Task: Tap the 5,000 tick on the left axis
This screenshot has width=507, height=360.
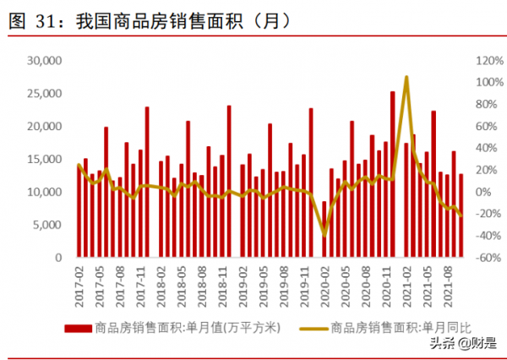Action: pos(44,225)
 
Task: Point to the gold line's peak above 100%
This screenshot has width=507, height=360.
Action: pos(406,78)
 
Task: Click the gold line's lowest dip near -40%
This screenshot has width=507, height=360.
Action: pos(324,234)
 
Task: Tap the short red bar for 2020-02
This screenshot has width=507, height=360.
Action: pos(324,229)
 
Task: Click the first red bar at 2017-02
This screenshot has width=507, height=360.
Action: pos(79,211)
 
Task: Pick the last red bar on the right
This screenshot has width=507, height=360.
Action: pos(461,215)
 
